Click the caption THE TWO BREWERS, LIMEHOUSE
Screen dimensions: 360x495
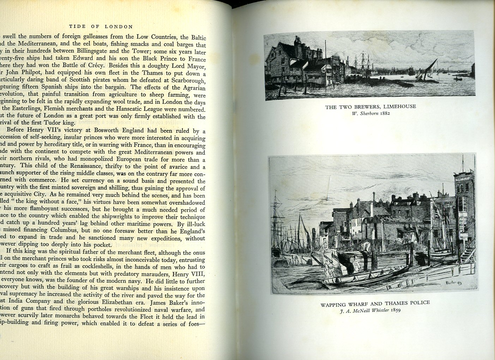370,107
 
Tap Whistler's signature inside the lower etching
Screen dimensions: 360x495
454,283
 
